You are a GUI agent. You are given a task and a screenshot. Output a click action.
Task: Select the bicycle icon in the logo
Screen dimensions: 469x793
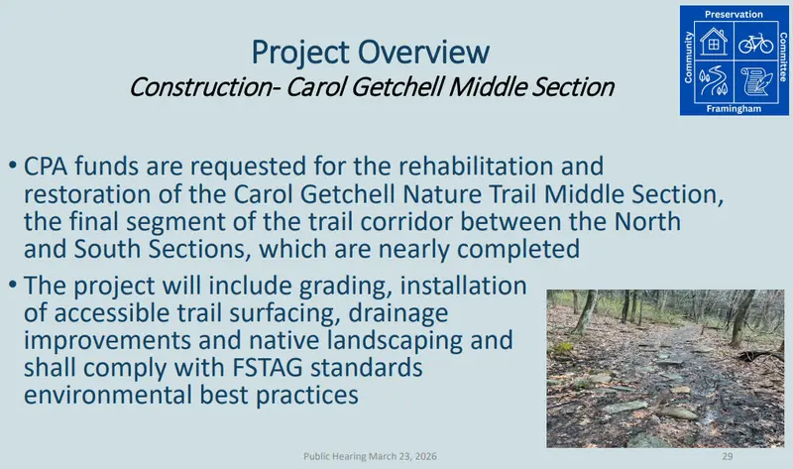click(x=755, y=42)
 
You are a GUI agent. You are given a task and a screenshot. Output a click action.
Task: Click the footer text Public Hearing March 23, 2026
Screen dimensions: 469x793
click(x=371, y=455)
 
